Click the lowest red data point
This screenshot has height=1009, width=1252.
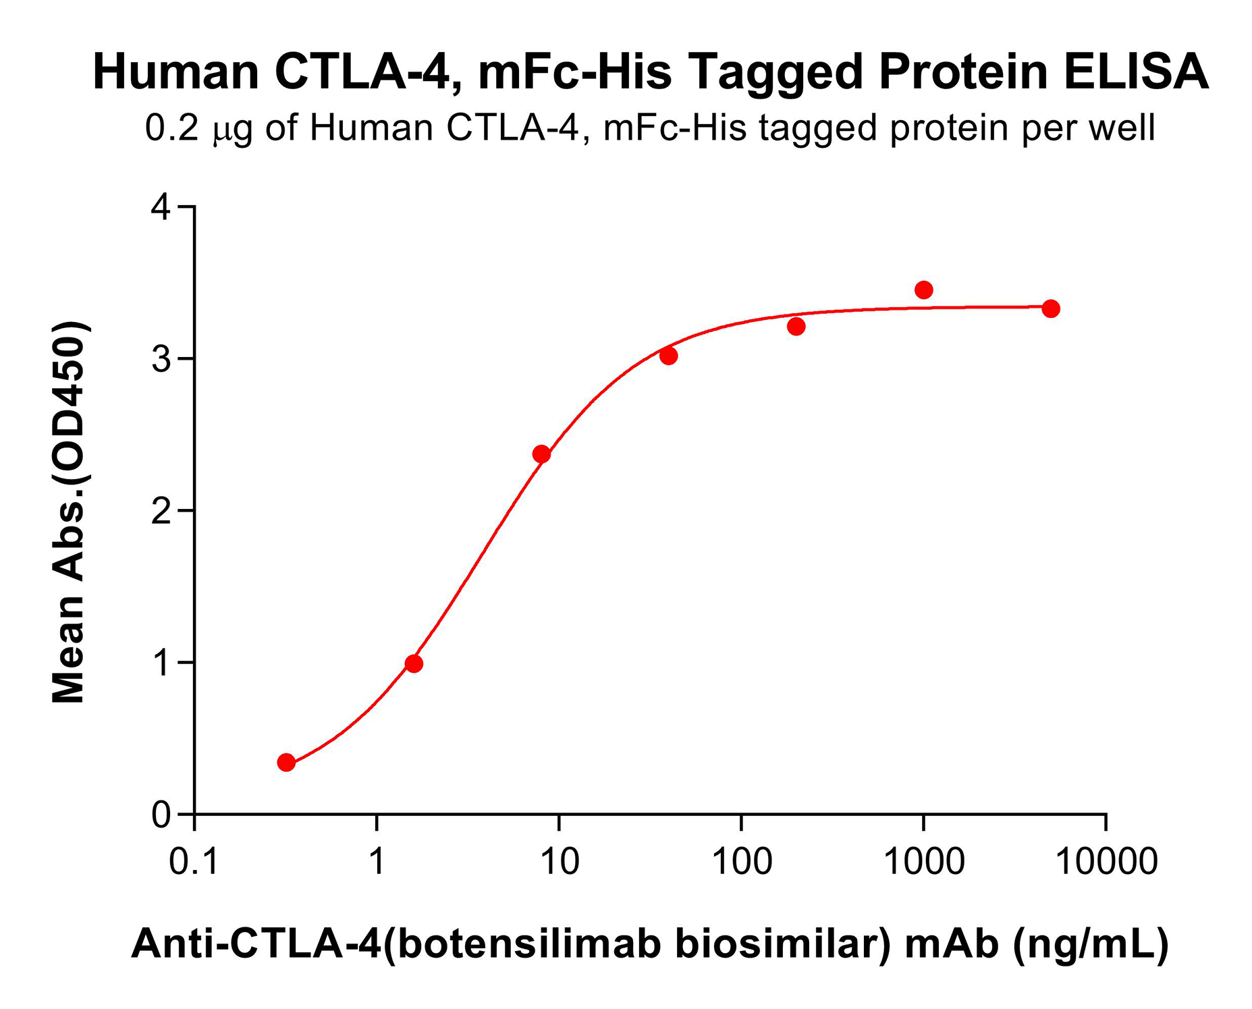[x=286, y=763]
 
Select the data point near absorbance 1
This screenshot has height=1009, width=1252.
[x=414, y=664]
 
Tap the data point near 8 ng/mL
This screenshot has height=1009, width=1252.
[x=541, y=454]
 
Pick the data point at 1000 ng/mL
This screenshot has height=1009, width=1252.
[x=923, y=290]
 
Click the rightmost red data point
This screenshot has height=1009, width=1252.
[x=1051, y=309]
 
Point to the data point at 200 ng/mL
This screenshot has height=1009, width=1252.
[x=796, y=327]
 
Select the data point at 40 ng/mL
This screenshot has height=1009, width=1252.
[x=669, y=356]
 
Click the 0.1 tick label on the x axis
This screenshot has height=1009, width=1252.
[x=194, y=862]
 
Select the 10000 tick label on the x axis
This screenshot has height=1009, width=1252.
[x=1106, y=862]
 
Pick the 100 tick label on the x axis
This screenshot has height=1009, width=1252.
[x=742, y=862]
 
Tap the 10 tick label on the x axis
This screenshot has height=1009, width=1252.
[x=560, y=862]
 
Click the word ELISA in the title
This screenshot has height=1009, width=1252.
[x=1136, y=72]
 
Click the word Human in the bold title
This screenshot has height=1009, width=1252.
[x=176, y=72]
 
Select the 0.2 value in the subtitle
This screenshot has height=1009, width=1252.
[x=172, y=128]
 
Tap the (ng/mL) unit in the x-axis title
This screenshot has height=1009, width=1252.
[x=1091, y=944]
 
